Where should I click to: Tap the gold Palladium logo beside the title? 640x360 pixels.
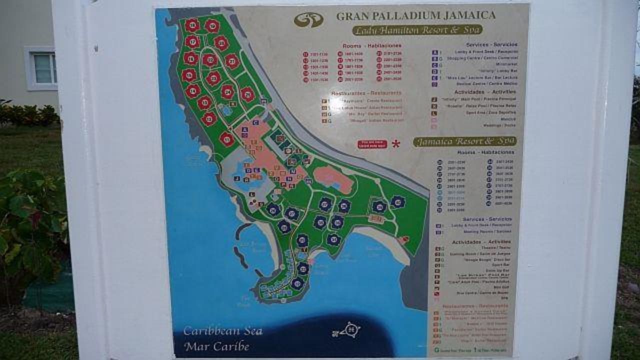click(x=308, y=19)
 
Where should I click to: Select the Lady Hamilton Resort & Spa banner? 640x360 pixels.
click(x=417, y=30)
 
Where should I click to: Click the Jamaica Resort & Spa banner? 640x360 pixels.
click(x=464, y=141)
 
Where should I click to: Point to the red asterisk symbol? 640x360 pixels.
click(x=396, y=144)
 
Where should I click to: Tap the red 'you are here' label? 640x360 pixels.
click(x=372, y=144)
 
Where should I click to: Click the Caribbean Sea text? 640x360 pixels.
click(x=222, y=331)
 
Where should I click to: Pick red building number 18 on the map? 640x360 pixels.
click(x=192, y=25)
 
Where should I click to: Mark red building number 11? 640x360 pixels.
click(x=226, y=139)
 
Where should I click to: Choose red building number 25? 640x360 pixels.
click(x=247, y=94)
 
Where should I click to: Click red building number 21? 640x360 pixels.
click(x=231, y=61)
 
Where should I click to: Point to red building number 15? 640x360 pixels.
click(x=189, y=75)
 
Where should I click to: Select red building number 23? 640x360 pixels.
click(x=214, y=78)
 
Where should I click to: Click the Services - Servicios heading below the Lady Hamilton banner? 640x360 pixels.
click(x=484, y=44)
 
